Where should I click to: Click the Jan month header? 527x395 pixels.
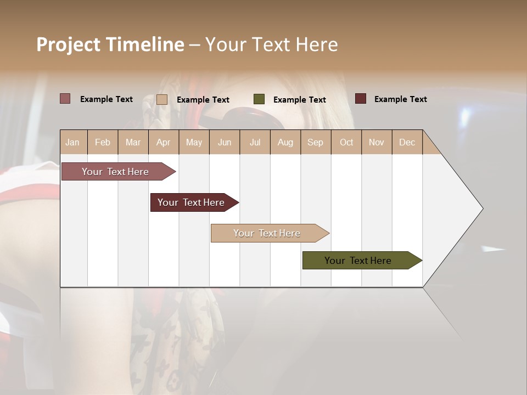tap(72, 142)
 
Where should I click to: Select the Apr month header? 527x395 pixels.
tap(163, 142)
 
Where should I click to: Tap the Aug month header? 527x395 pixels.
tap(285, 142)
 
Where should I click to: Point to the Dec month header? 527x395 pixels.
tap(407, 142)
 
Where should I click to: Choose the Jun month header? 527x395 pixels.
tap(225, 142)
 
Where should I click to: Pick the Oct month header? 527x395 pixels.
tap(346, 142)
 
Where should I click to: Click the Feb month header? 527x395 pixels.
tap(103, 142)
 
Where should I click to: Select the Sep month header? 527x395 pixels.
tap(315, 142)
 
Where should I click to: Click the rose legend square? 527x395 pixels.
tap(65, 99)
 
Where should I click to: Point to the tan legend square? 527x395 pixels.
tap(162, 99)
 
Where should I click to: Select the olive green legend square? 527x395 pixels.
tap(259, 99)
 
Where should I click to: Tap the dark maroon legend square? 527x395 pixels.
tap(361, 99)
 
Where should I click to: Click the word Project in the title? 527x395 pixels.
tap(68, 44)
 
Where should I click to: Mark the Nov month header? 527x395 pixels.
tap(377, 142)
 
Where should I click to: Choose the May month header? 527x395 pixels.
tap(194, 142)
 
